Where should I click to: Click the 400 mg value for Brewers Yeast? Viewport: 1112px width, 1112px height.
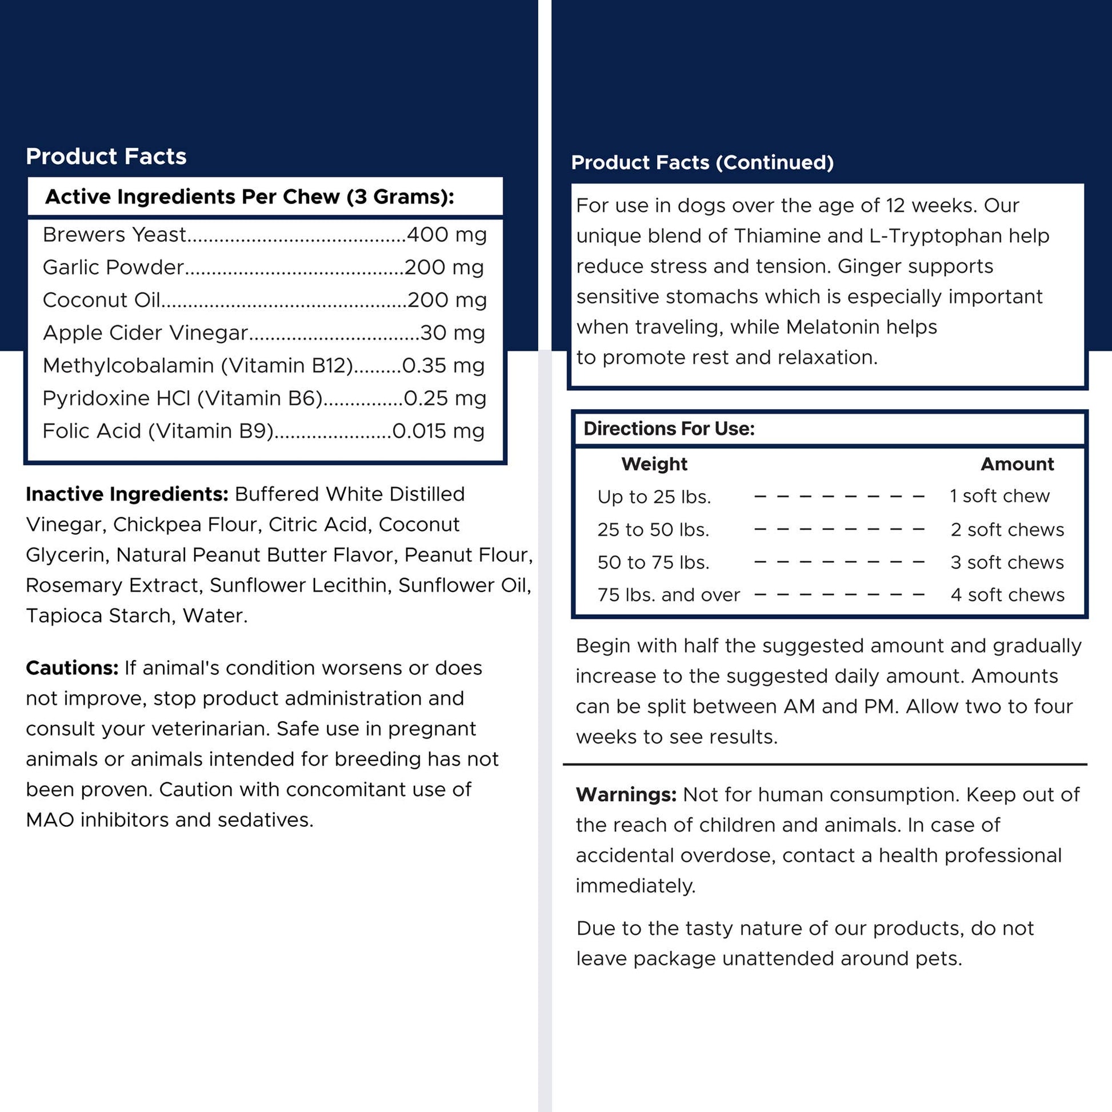[x=447, y=235]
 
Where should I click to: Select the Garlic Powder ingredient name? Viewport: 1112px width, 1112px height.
[x=113, y=267]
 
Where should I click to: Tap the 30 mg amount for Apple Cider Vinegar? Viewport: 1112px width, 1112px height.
[x=453, y=333]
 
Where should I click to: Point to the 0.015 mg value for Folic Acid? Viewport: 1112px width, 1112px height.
[x=438, y=431]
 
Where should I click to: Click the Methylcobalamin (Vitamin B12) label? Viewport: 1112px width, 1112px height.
[x=197, y=366]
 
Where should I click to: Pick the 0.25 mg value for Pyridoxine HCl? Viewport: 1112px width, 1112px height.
[x=445, y=398]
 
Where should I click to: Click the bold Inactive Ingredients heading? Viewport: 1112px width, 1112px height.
[x=127, y=494]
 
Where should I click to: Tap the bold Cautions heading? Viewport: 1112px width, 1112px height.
[x=72, y=668]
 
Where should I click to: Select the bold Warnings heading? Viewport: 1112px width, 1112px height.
[x=626, y=795]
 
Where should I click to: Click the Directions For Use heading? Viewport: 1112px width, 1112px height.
[x=669, y=429]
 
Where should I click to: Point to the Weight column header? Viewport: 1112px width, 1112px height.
[x=654, y=464]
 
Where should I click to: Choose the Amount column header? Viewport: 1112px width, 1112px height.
[x=1017, y=464]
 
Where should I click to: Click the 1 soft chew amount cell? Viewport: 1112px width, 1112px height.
[x=1000, y=496]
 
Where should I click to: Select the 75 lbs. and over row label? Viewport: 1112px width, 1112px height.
[x=668, y=595]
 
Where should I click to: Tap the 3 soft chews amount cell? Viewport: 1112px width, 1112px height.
[x=1007, y=562]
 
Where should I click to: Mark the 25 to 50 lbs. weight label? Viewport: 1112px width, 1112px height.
[x=653, y=530]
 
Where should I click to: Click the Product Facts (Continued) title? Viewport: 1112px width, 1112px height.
[x=702, y=163]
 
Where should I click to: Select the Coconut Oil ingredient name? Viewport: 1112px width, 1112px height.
[x=101, y=301]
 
